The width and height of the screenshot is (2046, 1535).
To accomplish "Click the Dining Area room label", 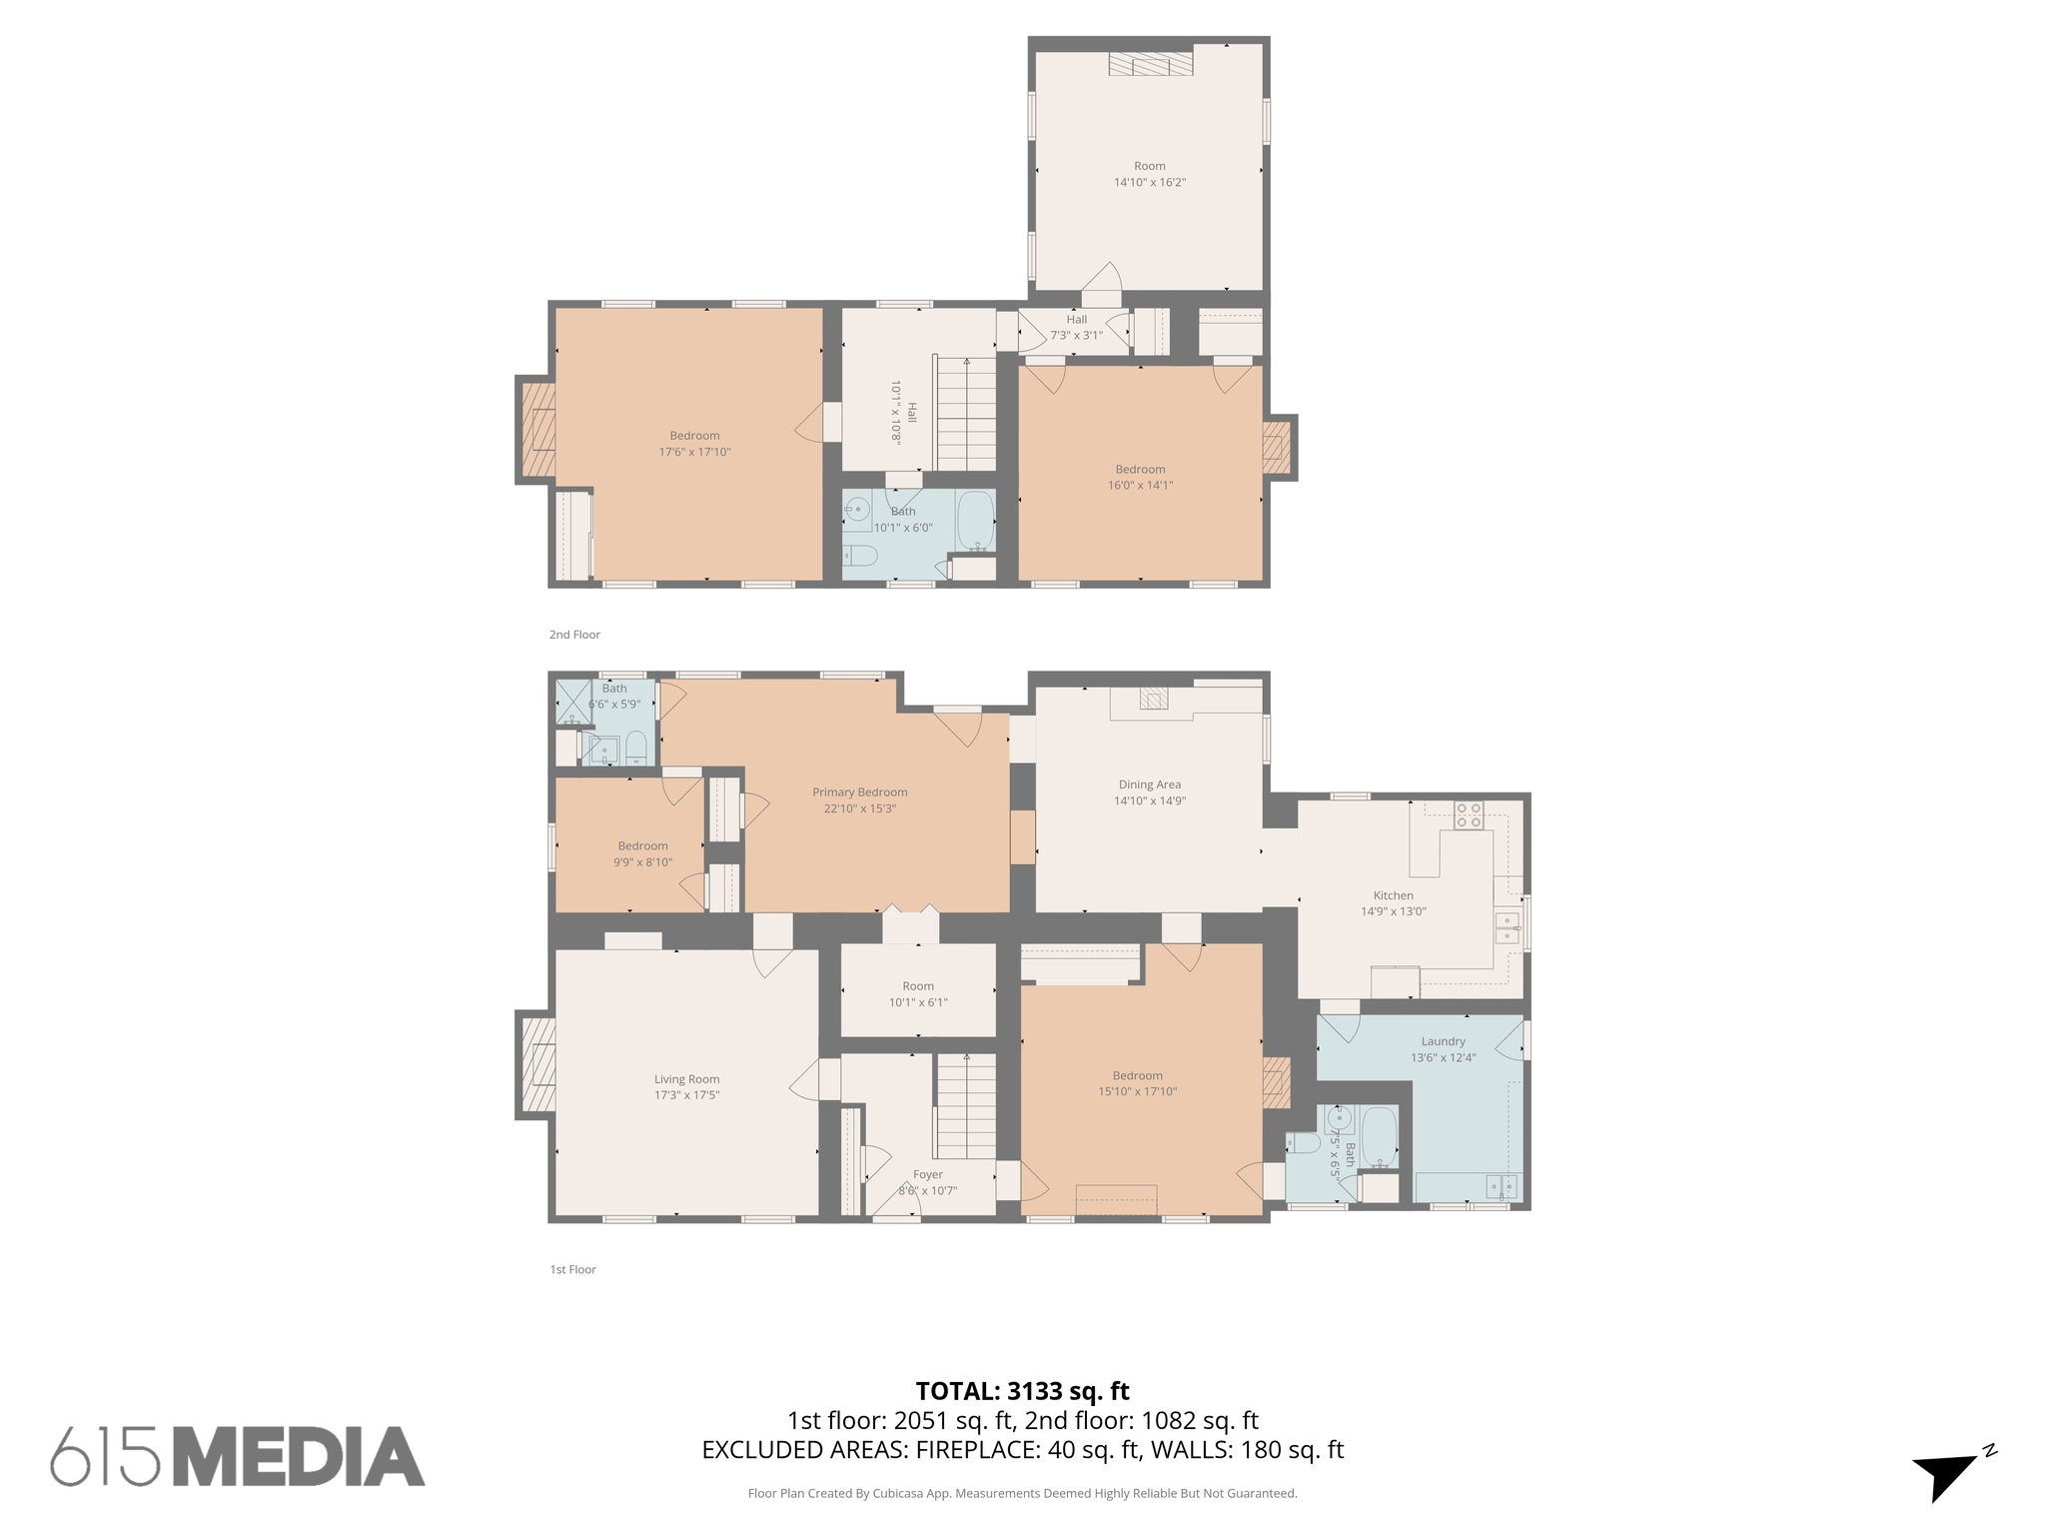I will [1149, 784].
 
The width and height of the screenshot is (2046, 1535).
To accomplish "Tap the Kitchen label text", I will [1393, 895].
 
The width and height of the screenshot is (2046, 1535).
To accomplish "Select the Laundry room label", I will [1443, 1041].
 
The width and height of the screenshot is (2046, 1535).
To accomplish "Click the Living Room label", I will [686, 1079].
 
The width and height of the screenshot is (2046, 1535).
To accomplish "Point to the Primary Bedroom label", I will [859, 792].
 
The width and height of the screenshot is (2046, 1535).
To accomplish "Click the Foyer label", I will [927, 1175].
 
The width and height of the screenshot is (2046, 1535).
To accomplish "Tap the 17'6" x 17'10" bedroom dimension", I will [694, 452].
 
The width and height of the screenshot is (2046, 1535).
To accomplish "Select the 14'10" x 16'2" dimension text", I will [1149, 182].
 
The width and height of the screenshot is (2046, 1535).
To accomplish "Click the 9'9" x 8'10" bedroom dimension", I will [642, 862].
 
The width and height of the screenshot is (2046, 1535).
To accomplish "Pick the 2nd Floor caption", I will [574, 635].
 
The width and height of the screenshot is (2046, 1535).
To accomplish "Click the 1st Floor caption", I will [572, 1269].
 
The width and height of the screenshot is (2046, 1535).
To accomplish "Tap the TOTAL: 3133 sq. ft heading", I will [1022, 1391].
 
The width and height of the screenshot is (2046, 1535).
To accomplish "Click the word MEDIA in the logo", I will [299, 1457].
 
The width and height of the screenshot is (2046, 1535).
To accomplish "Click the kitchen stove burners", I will [1468, 815].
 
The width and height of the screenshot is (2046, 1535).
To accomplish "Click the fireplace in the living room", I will [537, 1064].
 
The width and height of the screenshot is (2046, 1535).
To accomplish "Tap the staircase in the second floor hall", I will [965, 414].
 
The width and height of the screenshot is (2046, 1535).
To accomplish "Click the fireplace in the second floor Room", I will [1150, 64].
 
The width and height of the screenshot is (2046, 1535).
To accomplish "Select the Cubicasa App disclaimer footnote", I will [1022, 1494].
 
